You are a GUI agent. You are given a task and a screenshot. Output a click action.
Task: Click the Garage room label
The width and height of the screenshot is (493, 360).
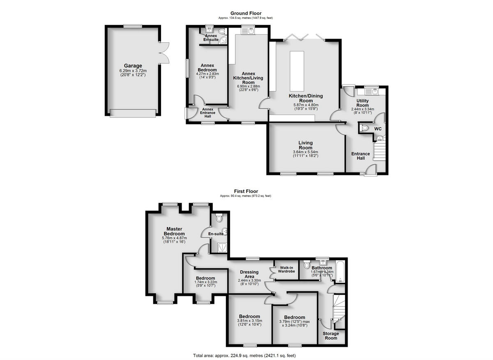pyautogui.click(x=133, y=66)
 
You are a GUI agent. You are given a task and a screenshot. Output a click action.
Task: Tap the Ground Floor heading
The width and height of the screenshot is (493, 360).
pyautogui.click(x=245, y=14)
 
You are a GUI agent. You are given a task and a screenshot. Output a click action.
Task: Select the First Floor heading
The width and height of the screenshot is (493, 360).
pyautogui.click(x=245, y=191)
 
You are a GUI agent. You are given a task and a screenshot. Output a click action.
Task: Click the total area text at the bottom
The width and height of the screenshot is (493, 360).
pyautogui.click(x=244, y=355)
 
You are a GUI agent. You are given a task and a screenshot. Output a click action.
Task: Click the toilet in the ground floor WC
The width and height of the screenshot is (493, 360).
pyautogui.click(x=364, y=129)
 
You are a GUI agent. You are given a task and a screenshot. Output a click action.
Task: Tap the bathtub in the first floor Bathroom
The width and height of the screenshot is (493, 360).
pyautogui.click(x=341, y=272)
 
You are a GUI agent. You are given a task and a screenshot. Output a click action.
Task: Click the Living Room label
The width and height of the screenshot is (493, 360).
pyautogui.click(x=305, y=145)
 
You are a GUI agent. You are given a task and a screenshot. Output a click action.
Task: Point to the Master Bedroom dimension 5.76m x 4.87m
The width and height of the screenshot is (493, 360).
pyautogui.click(x=174, y=238)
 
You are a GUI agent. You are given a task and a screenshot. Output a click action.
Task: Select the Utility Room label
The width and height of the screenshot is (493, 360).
pyautogui.click(x=362, y=103)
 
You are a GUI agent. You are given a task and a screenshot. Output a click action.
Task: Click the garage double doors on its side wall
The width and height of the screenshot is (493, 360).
pyautogui.click(x=164, y=53)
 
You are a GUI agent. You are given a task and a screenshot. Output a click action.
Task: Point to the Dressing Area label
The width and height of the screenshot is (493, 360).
pyautogui.click(x=249, y=274)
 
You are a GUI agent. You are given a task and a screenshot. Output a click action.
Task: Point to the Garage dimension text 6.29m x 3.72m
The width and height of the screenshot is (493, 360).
pyautogui.click(x=133, y=71)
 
